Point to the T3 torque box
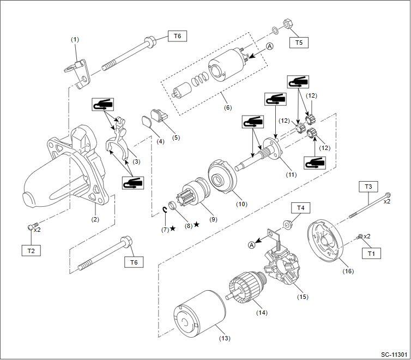[x=368, y=187]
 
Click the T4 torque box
[x=301, y=208]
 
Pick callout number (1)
[x=75, y=39]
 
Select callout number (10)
[x=241, y=205]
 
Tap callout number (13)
[x=224, y=338]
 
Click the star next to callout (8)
[x=196, y=225]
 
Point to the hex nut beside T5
[x=287, y=26]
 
